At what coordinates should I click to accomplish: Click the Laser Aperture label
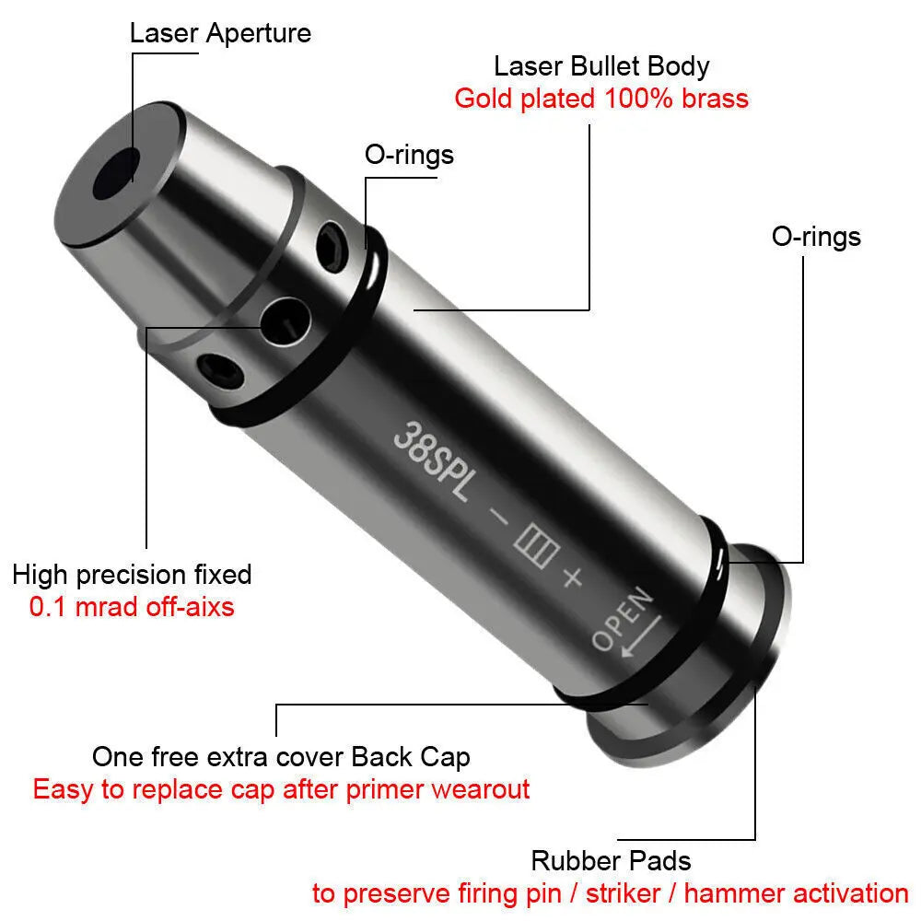220,34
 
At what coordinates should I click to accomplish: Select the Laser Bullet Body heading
601,66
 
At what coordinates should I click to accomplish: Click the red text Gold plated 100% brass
601,99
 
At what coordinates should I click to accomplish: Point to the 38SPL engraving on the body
432,457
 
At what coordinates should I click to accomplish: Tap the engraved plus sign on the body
571,577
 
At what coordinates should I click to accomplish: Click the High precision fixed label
132,575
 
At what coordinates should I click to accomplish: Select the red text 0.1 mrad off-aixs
132,607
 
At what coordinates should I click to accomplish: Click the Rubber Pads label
611,861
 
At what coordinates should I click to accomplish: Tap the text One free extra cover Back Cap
281,757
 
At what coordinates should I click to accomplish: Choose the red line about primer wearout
281,789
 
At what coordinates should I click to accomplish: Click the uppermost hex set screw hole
330,247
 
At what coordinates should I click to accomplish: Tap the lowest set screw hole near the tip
223,372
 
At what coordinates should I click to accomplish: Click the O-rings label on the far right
816,237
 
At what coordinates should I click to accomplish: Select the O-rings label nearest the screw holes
409,154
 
